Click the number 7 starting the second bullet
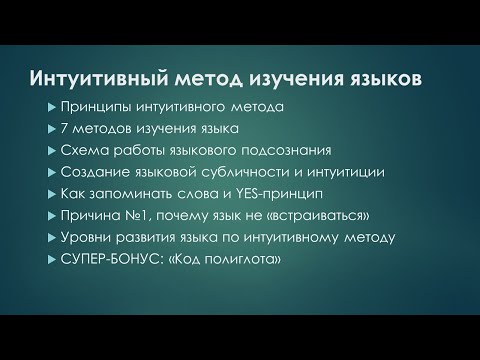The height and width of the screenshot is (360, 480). (65, 129)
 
